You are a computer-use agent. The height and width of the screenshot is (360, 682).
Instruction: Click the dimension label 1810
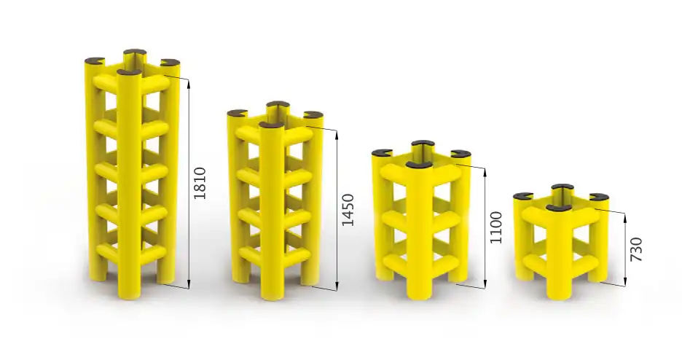point(200,183)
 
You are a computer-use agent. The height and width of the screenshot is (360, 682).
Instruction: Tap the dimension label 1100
point(495,227)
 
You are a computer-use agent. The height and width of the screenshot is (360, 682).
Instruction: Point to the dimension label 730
point(636,249)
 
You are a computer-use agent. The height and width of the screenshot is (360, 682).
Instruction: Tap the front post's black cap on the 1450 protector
point(271,126)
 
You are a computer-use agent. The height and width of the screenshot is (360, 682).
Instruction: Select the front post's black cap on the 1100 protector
point(419,165)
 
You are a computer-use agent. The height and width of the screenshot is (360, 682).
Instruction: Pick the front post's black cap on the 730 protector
point(560,208)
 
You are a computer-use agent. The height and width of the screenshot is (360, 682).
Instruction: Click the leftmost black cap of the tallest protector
point(95,61)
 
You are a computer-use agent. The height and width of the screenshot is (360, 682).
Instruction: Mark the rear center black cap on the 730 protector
point(562,188)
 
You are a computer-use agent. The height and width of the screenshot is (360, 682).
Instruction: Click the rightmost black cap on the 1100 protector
point(460,153)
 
